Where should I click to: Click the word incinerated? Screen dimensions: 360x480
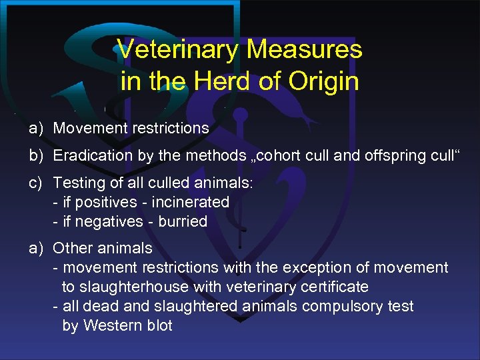[190, 202]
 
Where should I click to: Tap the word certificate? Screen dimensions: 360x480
[333, 287]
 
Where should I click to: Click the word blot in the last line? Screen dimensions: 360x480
[159, 325]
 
